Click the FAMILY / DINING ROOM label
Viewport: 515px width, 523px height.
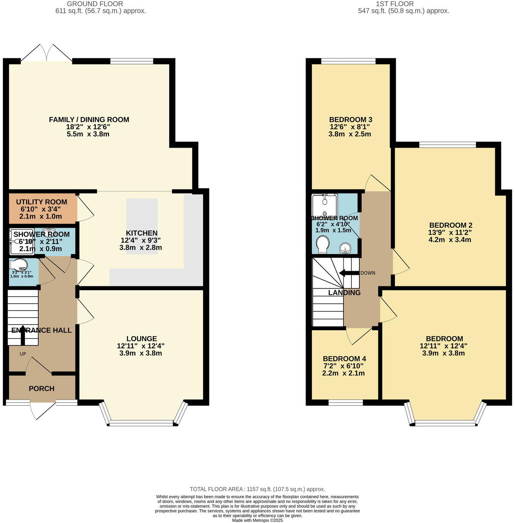point(89,120)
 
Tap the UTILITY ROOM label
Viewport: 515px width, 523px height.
point(42,202)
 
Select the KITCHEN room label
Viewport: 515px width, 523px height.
point(142,233)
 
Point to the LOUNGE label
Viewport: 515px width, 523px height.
point(142,339)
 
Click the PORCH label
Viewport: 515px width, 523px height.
point(42,389)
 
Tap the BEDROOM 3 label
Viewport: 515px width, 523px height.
point(350,120)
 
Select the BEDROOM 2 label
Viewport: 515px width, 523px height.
point(451,225)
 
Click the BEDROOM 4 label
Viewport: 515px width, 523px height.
point(344,359)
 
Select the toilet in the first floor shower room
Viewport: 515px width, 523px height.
point(323,244)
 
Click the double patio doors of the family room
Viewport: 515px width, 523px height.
point(47,53)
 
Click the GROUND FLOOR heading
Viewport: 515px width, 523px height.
point(95,4)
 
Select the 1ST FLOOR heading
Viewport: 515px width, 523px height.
point(395,4)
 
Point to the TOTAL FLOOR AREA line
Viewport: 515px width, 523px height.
point(257,489)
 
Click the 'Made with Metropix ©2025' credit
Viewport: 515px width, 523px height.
point(257,520)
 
